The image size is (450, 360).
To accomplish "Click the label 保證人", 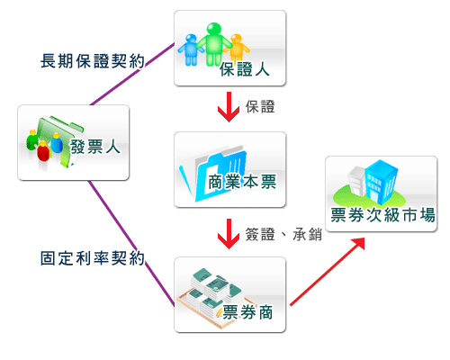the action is [245, 69].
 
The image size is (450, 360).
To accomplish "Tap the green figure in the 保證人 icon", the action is [214, 44].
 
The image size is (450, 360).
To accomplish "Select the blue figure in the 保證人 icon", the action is [191, 49].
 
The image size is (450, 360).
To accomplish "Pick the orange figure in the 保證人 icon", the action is [237, 48].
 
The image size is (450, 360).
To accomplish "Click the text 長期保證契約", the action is [93, 61].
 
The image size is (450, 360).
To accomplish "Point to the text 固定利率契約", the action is [93, 258].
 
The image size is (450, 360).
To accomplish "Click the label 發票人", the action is [95, 147].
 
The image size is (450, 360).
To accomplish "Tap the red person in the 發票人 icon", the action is [43, 151].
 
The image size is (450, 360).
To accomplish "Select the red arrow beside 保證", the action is [229, 107].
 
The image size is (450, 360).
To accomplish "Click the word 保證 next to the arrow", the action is [260, 107].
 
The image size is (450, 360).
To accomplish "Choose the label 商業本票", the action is [242, 182].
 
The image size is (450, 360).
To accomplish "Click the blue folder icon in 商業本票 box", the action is [213, 174].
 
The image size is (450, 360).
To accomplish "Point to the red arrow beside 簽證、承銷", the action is [229, 234].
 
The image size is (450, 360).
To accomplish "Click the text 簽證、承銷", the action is [283, 234].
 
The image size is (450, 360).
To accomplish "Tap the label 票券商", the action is [247, 312].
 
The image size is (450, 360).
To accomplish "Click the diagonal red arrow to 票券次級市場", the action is [328, 272].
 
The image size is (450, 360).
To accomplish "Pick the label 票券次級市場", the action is [382, 215].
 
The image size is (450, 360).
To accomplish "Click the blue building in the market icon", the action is [381, 181].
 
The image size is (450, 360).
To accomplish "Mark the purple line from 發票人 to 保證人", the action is [132, 74].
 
